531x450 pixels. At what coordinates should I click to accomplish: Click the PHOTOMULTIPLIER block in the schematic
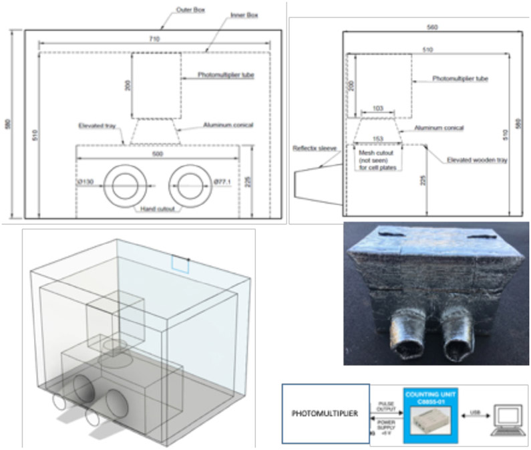pyautogui.click(x=325, y=414)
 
